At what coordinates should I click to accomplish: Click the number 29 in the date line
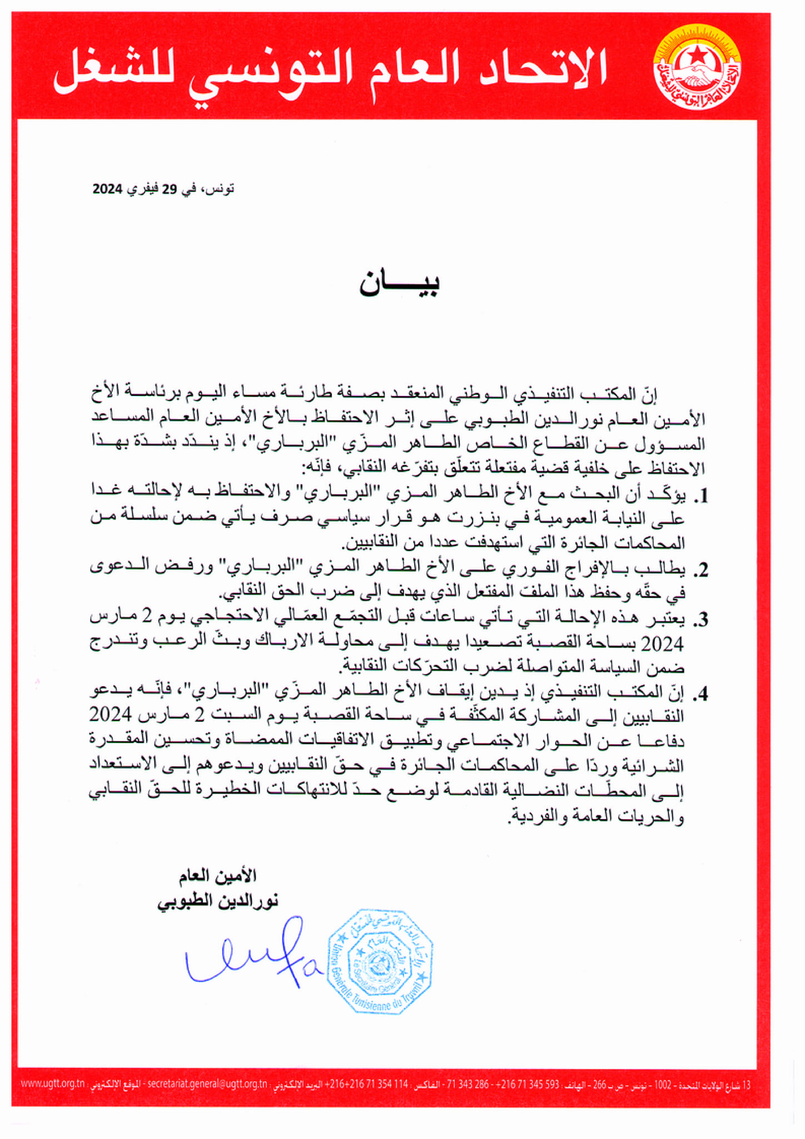coord(169,189)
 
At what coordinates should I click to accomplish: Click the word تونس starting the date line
coord(220,189)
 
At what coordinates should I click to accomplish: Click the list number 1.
coord(699,496)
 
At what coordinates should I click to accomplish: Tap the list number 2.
coord(699,569)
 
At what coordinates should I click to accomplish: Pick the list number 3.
coord(699,619)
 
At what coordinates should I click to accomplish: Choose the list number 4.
coord(699,693)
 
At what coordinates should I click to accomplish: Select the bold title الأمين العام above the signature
coord(217,876)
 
